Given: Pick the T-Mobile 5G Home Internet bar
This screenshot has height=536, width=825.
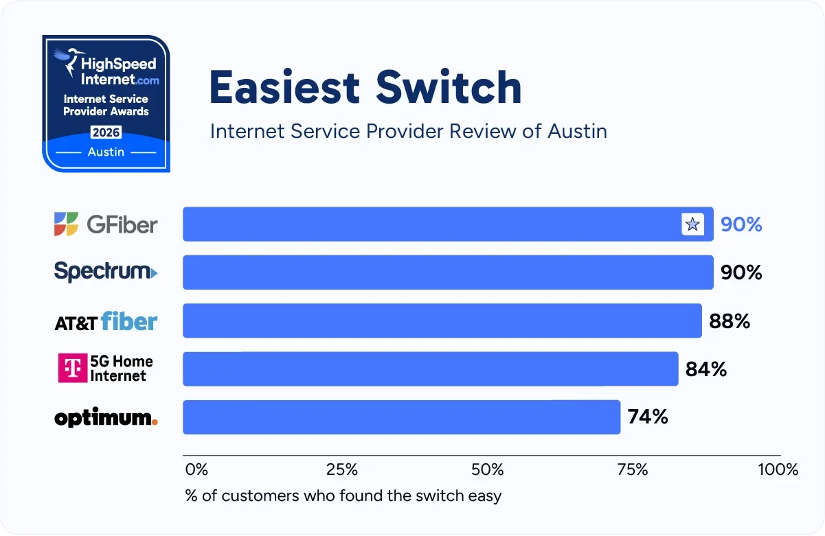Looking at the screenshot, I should tap(430, 369).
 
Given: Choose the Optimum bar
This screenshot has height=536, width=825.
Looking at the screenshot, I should tap(401, 417).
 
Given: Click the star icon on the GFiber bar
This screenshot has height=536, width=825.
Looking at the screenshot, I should tap(692, 224).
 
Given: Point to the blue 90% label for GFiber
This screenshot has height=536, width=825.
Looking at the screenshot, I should tap(741, 224).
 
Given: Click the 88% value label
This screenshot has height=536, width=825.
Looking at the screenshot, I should tap(730, 321).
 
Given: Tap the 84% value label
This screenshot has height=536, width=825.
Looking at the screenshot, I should tap(706, 369).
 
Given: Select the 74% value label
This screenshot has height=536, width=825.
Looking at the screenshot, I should tap(648, 417).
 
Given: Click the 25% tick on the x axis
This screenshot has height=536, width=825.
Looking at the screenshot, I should tap(341, 470).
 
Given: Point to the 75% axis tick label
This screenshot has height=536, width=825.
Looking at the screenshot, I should tap(633, 470).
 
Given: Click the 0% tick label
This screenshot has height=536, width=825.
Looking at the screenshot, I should tap(196, 470).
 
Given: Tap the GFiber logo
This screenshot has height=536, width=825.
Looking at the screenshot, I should tap(106, 224).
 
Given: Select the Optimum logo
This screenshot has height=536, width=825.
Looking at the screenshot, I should tap(106, 418).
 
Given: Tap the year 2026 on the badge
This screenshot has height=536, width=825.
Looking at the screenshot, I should tap(106, 132).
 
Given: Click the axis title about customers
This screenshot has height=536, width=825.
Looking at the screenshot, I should tap(343, 496).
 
